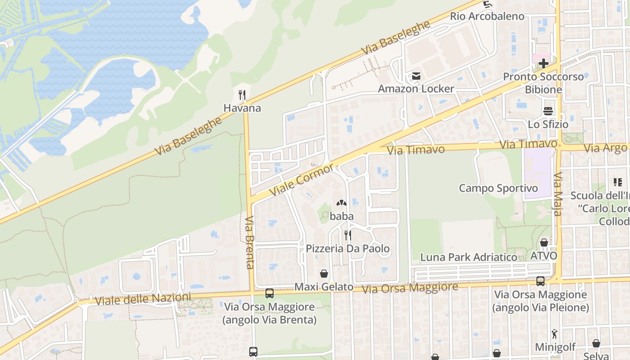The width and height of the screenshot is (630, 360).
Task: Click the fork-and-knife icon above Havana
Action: (242, 94)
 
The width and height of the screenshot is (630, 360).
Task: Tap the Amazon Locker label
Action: (416, 89)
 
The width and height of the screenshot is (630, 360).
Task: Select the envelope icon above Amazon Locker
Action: (416, 76)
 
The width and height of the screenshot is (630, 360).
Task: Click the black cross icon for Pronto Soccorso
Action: (544, 63)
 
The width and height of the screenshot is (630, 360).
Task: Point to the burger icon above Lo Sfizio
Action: (548, 111)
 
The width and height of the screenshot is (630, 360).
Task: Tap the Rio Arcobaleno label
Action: (487, 16)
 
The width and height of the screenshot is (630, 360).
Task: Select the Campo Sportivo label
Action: (498, 188)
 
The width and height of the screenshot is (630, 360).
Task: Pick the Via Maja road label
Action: (558, 193)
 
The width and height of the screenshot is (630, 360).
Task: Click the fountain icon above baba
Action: (342, 203)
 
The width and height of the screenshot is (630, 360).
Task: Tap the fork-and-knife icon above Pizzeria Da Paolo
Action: (347, 235)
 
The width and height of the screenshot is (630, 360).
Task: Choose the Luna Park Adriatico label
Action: (468, 257)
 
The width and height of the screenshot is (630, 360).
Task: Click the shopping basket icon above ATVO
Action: (544, 243)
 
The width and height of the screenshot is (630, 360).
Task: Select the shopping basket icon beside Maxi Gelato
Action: (324, 274)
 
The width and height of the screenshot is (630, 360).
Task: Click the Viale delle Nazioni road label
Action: (143, 298)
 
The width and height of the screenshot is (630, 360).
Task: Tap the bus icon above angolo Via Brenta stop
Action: (269, 293)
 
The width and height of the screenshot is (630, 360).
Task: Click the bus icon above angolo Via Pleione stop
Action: (540, 281)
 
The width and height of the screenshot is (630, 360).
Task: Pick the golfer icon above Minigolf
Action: (554, 334)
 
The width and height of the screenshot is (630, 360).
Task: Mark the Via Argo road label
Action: (605, 148)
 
